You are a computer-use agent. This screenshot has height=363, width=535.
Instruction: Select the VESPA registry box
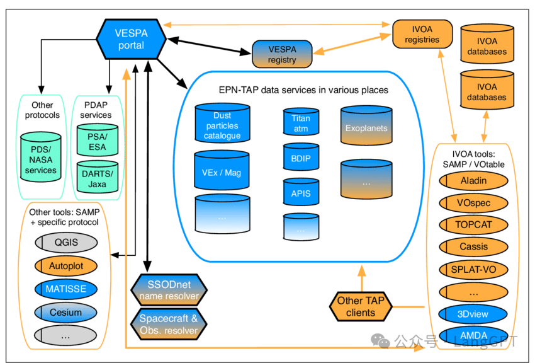pyautogui.click(x=282, y=54)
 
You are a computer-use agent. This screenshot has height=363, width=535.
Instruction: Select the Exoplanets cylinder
pyautogui.click(x=366, y=128)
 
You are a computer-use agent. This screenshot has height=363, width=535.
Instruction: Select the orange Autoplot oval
pyautogui.click(x=65, y=266)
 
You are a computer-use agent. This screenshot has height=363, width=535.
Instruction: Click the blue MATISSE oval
pyautogui.click(x=65, y=289)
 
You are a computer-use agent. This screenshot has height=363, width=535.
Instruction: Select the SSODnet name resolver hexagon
pyautogui.click(x=169, y=290)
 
